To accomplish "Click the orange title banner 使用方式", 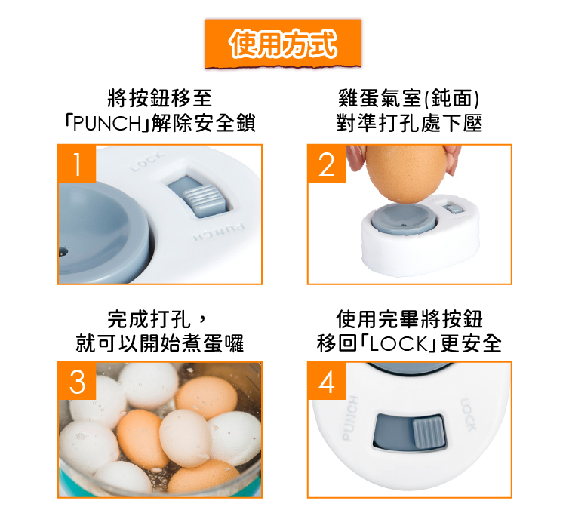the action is coord(283,44).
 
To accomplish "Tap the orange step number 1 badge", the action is coord(77,164).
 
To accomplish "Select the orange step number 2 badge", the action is coord(327,164).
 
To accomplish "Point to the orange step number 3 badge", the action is coord(77,381).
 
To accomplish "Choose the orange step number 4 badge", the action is coord(327,381).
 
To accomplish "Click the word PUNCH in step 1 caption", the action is coord(107,123).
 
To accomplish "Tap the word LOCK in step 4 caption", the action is coord(398,343).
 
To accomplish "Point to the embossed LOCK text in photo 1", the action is coord(147,161).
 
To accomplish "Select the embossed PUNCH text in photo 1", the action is coord(218,232).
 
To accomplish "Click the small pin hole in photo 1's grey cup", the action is coord(63,250).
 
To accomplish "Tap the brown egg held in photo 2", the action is coord(406,173).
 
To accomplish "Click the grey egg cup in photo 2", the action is coord(404,220).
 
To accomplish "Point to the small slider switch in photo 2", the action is coord(454,208).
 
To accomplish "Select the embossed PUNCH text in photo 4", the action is coord(349,419).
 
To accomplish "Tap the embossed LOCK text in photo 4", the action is coord(469,415).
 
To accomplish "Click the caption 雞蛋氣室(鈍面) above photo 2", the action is coord(408,98).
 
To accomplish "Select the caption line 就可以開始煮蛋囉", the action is coord(159,343).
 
